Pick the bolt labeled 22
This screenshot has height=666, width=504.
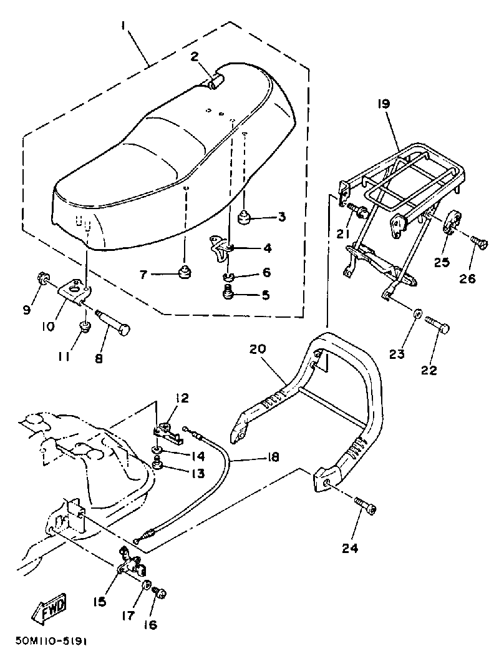pyautogui.click(x=438, y=325)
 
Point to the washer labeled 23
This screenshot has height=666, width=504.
pyautogui.click(x=417, y=311)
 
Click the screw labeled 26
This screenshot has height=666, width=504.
pyautogui.click(x=479, y=241)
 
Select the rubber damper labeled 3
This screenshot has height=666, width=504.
pyautogui.click(x=244, y=218)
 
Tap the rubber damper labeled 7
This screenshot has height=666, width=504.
pyautogui.click(x=185, y=272)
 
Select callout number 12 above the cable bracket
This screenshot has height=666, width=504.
pyautogui.click(x=182, y=398)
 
